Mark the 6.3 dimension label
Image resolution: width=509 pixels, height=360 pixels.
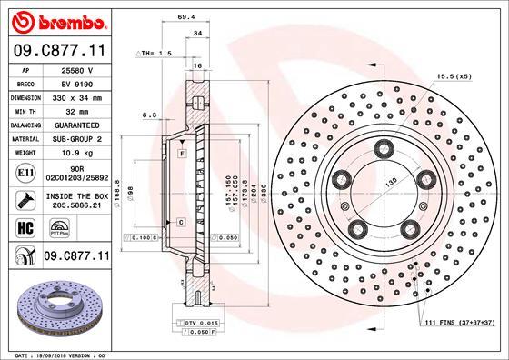click(151, 115)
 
